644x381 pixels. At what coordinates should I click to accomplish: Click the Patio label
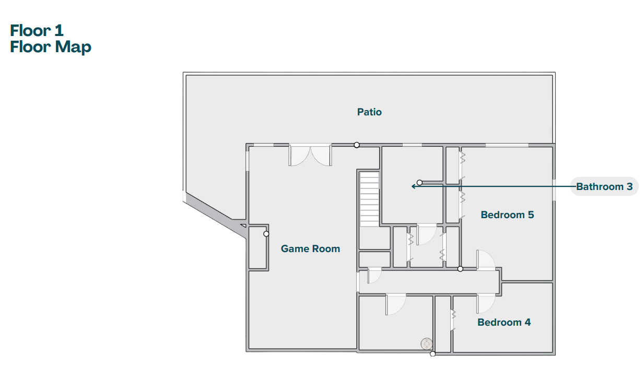tap(369, 112)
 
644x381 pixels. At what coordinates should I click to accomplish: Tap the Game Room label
tap(310, 248)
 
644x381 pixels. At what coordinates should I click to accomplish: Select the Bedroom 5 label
tap(507, 215)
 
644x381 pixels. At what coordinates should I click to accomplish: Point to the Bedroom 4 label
tap(504, 322)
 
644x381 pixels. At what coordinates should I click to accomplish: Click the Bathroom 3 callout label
tap(604, 186)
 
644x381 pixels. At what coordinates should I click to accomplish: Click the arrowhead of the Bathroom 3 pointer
tap(414, 186)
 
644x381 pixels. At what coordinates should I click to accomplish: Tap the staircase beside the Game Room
tap(369, 199)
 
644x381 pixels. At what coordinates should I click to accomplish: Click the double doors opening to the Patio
tap(310, 156)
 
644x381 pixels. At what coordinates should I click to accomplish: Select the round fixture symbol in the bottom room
tap(426, 343)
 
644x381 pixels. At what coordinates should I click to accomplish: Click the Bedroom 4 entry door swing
tap(486, 304)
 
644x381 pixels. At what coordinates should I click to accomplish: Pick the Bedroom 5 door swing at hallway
tap(486, 260)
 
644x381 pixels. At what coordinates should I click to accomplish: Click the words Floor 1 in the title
tap(37, 30)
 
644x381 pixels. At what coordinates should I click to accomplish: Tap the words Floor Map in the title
tap(51, 47)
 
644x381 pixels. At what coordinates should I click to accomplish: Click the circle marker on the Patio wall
tap(357, 145)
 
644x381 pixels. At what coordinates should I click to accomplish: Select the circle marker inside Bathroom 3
tap(419, 183)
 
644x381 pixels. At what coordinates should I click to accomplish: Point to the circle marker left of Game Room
tap(266, 234)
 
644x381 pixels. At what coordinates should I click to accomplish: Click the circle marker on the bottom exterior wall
tap(432, 354)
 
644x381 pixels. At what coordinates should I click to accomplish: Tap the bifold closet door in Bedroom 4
tap(453, 320)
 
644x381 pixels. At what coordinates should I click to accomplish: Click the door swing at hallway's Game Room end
tap(374, 276)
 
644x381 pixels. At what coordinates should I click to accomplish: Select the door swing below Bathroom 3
tap(427, 235)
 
